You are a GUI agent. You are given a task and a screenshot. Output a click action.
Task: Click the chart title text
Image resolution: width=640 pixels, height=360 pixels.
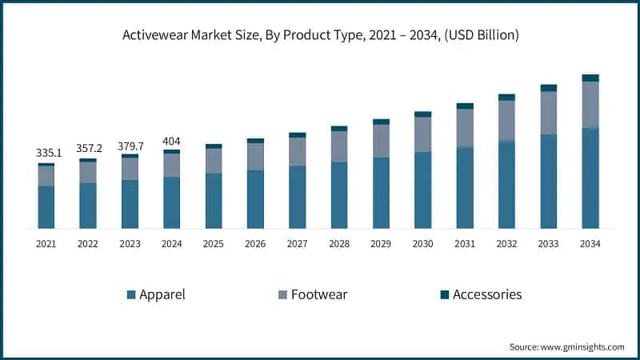coord(319,34)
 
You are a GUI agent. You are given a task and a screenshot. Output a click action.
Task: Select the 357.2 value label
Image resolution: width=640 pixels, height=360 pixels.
coord(88,148)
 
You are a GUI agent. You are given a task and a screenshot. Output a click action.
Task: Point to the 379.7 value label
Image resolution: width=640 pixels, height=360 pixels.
coord(130,145)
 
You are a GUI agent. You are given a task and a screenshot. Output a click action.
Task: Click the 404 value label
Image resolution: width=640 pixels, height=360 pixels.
coord(171,141)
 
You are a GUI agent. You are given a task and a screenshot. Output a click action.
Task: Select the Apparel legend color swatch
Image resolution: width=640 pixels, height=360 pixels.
coord(131,294)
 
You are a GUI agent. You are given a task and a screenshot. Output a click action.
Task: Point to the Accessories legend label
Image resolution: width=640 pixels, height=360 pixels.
coord(487,294)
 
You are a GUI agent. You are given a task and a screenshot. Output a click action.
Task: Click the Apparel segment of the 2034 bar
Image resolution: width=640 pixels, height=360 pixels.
coord(590,178)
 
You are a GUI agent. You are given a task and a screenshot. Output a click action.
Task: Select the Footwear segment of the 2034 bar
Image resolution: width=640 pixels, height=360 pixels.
coord(590,104)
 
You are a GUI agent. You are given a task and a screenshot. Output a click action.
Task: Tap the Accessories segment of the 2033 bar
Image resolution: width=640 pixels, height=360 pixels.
coord(549,88)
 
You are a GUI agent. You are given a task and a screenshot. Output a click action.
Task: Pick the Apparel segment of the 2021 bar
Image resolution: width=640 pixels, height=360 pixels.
coord(46,207)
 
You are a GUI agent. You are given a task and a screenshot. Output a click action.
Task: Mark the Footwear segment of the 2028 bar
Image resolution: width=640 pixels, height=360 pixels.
coord(339,146)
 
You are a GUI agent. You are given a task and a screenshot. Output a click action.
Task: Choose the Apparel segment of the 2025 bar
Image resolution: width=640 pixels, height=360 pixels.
coord(214,201)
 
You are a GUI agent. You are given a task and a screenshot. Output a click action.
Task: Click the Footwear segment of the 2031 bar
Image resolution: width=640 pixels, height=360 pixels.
coord(465,128)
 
